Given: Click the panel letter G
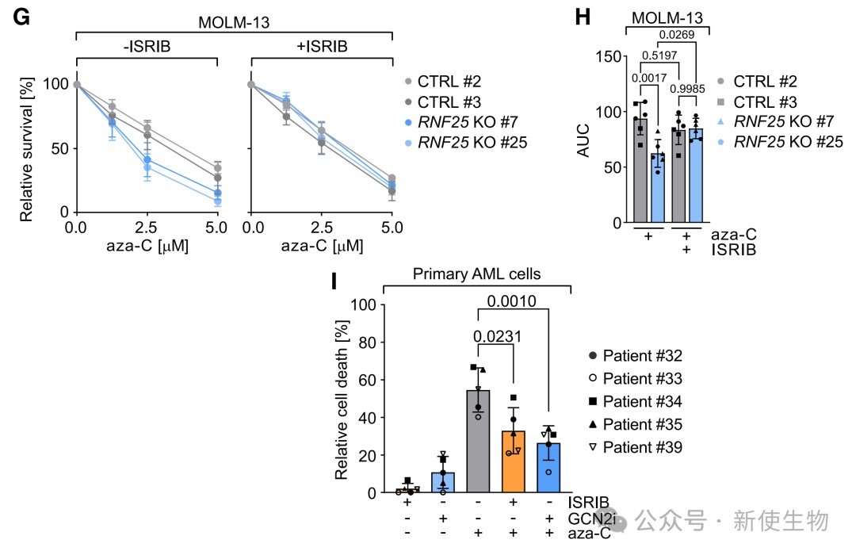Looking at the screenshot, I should tap(21, 16).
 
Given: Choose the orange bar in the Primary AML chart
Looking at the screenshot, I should tap(513, 461).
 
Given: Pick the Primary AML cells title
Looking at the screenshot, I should tap(477, 274).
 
